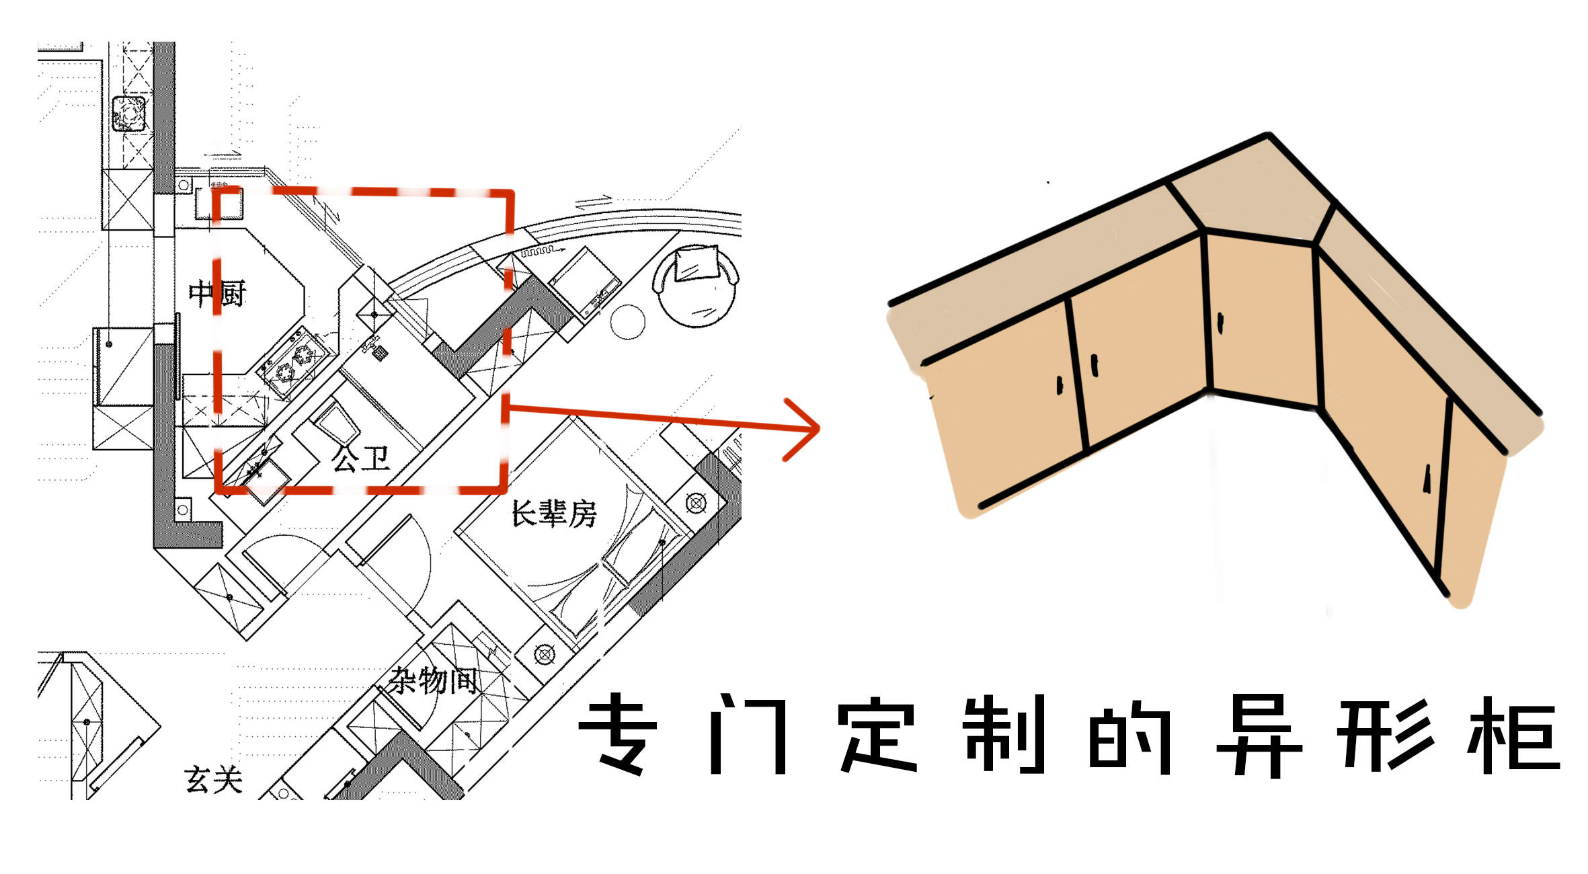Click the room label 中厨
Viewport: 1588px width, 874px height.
coord(217,294)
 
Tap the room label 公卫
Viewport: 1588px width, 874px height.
coord(360,459)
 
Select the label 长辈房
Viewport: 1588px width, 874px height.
coord(554,514)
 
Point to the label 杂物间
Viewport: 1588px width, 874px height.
coord(434,680)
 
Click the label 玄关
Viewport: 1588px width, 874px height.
coord(213,780)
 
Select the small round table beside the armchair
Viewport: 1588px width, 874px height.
coord(627,322)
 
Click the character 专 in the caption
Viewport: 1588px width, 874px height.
coord(617,734)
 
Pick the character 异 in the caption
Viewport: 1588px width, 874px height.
coord(1259,734)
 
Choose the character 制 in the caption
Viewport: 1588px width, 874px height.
coord(1003,734)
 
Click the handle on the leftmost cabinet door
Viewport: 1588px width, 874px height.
coord(1060,385)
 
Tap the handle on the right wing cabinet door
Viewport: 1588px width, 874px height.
coord(1426,479)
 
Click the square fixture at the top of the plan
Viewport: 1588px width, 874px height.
coord(128,113)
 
